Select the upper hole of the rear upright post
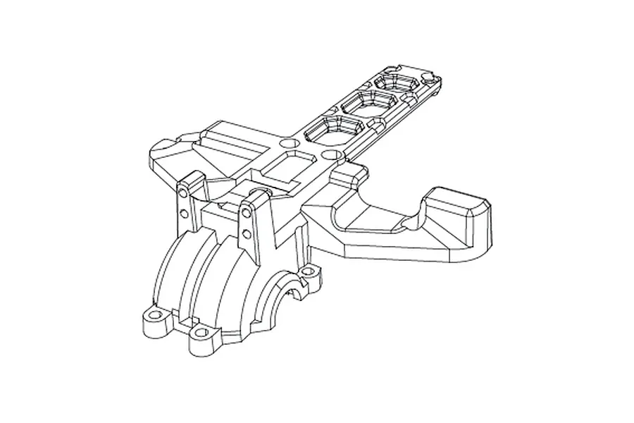[x=182, y=192]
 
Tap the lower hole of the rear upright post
[x=183, y=211]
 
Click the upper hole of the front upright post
[x=247, y=210]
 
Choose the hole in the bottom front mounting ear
[x=204, y=331]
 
